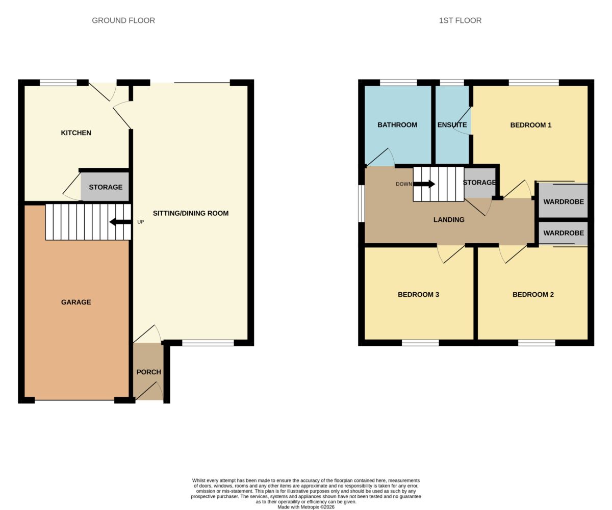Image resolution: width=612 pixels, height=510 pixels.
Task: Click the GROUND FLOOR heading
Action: (123, 20)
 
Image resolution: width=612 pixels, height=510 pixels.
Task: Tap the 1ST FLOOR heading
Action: (460, 20)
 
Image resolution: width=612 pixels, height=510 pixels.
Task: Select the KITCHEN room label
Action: (76, 133)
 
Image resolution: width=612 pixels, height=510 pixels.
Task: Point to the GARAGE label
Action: (76, 302)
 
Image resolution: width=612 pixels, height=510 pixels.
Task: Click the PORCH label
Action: (149, 372)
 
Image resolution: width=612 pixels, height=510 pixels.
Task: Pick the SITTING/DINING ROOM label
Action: (191, 213)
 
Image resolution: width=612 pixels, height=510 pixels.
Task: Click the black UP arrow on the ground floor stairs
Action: (120, 222)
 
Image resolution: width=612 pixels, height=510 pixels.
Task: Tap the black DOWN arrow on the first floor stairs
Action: (424, 184)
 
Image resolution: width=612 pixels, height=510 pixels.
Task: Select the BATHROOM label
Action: (397, 125)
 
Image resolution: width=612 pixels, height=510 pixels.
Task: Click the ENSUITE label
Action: (452, 125)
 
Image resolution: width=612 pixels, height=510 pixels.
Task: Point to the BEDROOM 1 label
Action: (531, 125)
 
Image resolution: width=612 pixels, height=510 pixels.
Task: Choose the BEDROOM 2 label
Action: (533, 295)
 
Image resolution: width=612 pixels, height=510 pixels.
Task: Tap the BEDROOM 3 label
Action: (418, 295)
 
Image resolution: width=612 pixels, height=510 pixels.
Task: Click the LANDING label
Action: (449, 219)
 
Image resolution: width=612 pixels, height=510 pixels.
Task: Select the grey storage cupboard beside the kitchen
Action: (105, 187)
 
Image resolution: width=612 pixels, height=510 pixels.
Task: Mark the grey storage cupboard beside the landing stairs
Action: (480, 183)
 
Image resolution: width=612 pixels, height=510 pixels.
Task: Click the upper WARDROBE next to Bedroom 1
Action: (564, 201)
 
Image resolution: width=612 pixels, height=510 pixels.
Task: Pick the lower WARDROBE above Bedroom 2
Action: (564, 233)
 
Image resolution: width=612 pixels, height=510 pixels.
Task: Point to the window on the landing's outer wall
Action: (362, 203)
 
